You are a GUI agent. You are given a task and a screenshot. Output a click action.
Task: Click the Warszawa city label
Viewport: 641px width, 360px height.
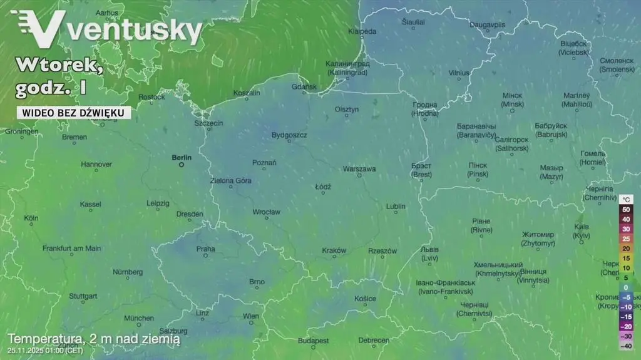point(359,169)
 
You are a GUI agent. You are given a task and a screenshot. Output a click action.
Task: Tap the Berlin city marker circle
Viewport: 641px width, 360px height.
point(182,165)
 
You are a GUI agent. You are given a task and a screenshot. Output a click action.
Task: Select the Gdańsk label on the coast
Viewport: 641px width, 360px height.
point(304,87)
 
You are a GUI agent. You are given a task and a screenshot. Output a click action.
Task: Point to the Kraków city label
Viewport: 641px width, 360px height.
point(334,250)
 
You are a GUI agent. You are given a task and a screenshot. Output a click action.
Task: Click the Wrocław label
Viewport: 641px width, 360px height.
point(266,212)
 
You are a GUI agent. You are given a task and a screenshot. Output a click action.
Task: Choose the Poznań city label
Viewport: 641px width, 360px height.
point(264,163)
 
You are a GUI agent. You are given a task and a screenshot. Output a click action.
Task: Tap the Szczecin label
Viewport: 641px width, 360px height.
point(208,123)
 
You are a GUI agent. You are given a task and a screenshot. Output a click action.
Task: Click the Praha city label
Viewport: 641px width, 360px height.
point(205,249)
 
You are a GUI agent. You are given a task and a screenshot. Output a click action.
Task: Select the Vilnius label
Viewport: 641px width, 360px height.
point(459,73)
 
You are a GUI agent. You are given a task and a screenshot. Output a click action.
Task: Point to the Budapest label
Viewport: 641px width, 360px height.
point(313,341)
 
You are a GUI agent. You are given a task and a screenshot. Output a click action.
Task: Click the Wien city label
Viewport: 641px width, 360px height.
point(250,316)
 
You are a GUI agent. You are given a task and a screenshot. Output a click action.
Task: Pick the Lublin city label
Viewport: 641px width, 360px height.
point(396,206)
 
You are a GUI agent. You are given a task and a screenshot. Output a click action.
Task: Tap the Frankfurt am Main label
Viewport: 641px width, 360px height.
point(71,249)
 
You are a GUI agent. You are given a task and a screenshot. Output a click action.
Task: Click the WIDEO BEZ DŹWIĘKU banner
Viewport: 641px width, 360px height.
point(74,113)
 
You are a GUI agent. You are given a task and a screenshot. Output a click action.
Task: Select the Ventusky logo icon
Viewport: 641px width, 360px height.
point(39,29)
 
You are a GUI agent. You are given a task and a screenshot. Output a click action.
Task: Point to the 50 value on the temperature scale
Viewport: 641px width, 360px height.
point(625,210)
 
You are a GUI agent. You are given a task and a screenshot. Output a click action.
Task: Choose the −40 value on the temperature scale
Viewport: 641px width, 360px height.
point(625,346)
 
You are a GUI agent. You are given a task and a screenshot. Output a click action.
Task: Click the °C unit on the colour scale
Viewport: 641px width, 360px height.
point(627,200)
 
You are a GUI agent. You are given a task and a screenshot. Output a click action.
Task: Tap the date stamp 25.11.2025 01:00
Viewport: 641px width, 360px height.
point(44,350)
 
